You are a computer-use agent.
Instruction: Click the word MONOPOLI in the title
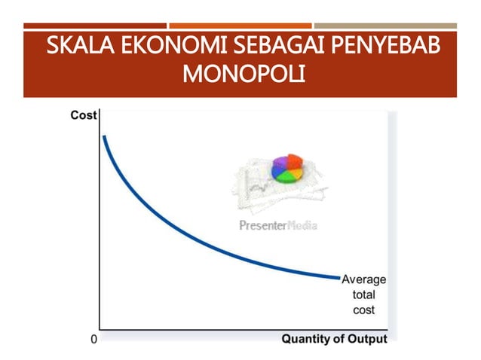[x=240, y=76]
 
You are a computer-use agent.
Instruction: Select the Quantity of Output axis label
[x=334, y=339]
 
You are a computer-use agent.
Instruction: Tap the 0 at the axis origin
[x=93, y=339]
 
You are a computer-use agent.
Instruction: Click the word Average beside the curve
[x=364, y=279]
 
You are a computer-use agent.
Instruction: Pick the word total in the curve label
[x=364, y=294]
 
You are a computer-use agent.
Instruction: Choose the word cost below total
[x=364, y=310]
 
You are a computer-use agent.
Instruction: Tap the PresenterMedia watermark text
[x=277, y=224]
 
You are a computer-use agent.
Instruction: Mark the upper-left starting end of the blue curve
[x=104, y=137]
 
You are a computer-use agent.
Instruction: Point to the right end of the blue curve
[x=339, y=278]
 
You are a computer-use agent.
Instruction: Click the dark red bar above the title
[x=95, y=26]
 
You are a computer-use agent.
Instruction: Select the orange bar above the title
[x=240, y=26]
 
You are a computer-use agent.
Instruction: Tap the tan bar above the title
[x=385, y=26]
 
